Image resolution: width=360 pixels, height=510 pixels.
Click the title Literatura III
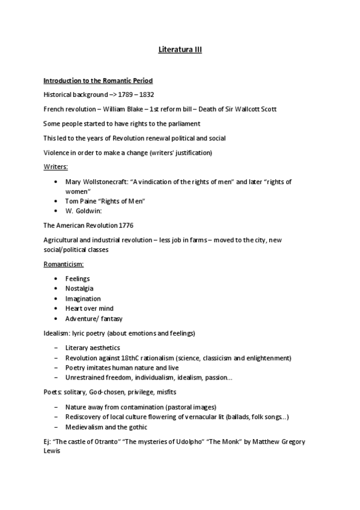180,51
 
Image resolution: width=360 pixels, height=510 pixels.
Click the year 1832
147,94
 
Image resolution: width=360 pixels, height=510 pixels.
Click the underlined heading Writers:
56,167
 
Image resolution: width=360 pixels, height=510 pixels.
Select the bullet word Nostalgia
79,289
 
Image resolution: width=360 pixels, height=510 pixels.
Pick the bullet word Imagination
83,299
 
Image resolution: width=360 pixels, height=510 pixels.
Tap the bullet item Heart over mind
90,309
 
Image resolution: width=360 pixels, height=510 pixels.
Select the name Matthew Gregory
273,442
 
